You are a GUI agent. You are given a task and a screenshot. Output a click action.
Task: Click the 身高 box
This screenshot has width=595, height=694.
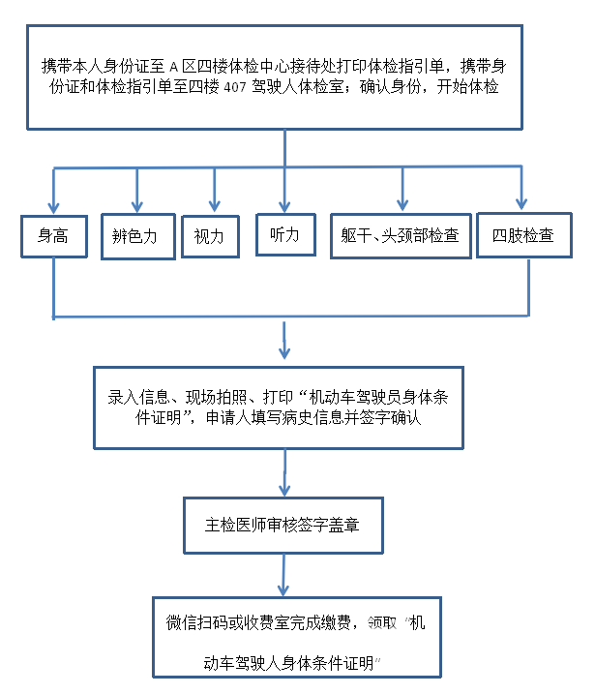[54, 236]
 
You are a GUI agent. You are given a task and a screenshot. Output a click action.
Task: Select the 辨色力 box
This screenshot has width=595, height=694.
[138, 236]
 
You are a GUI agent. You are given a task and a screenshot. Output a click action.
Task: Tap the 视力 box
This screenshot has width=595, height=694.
[211, 236]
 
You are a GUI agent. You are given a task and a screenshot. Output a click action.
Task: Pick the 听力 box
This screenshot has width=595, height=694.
[285, 234]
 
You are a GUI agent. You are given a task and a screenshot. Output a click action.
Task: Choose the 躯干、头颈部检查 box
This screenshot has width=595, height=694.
[401, 236]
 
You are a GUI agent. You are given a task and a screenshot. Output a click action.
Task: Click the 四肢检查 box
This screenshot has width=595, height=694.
[524, 235]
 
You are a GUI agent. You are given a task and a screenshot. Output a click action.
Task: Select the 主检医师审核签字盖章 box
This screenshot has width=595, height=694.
[283, 526]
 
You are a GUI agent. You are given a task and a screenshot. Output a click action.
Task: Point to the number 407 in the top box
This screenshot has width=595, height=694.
[235, 87]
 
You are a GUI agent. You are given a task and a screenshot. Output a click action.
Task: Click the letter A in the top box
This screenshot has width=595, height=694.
[173, 68]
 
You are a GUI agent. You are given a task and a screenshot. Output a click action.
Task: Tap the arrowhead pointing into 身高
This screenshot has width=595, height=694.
[53, 208]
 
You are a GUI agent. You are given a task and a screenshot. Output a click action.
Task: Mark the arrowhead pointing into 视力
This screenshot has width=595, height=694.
[215, 206]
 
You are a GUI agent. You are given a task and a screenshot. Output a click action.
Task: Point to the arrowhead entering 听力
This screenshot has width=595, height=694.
[284, 206]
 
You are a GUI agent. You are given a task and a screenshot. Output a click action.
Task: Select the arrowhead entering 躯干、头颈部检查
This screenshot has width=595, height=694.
[402, 204]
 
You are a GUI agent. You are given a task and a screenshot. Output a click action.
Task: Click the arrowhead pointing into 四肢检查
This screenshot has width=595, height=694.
[521, 203]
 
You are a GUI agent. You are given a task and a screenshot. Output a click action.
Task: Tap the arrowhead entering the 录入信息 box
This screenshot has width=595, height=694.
[284, 352]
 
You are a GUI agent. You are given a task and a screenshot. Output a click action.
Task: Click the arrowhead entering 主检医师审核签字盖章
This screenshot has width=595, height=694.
[284, 490]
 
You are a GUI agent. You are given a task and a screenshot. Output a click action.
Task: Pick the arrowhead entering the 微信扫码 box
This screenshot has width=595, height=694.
[283, 590]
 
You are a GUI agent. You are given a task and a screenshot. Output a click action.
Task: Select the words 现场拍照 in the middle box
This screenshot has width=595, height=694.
[217, 398]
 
